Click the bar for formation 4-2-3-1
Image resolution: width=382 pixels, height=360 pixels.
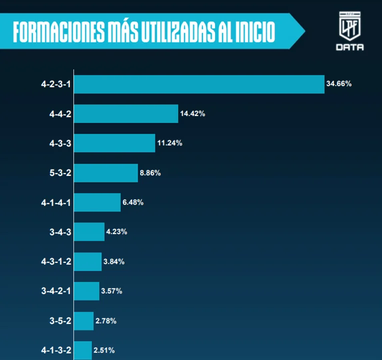coord(199,84)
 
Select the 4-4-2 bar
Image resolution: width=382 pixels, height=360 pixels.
coord(126,114)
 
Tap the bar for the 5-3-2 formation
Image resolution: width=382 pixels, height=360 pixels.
coord(106,173)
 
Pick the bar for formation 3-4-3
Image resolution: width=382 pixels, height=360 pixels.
coord(89,232)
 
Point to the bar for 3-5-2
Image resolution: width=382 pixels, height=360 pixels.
coord(83,321)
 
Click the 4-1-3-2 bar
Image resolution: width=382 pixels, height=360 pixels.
coord(83,350)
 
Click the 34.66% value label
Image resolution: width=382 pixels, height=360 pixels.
coord(338,84)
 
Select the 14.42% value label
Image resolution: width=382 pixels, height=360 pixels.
coord(192,113)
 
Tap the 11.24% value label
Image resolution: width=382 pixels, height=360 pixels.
coord(169,143)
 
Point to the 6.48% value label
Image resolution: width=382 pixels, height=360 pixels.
coord(133,202)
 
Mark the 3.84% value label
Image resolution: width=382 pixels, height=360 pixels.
coord(113,261)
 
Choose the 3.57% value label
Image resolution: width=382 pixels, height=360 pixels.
coord(111,291)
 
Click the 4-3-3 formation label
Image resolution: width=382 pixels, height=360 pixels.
coord(60,143)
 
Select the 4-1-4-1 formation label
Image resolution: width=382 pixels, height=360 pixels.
coord(56,202)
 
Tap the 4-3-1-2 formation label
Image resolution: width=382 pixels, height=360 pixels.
coord(56,261)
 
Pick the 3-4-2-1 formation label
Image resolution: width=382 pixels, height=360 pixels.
coord(56,291)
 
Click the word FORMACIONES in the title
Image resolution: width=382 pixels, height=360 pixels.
coord(59,31)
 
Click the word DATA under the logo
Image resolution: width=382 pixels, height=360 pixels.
coord(349,47)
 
